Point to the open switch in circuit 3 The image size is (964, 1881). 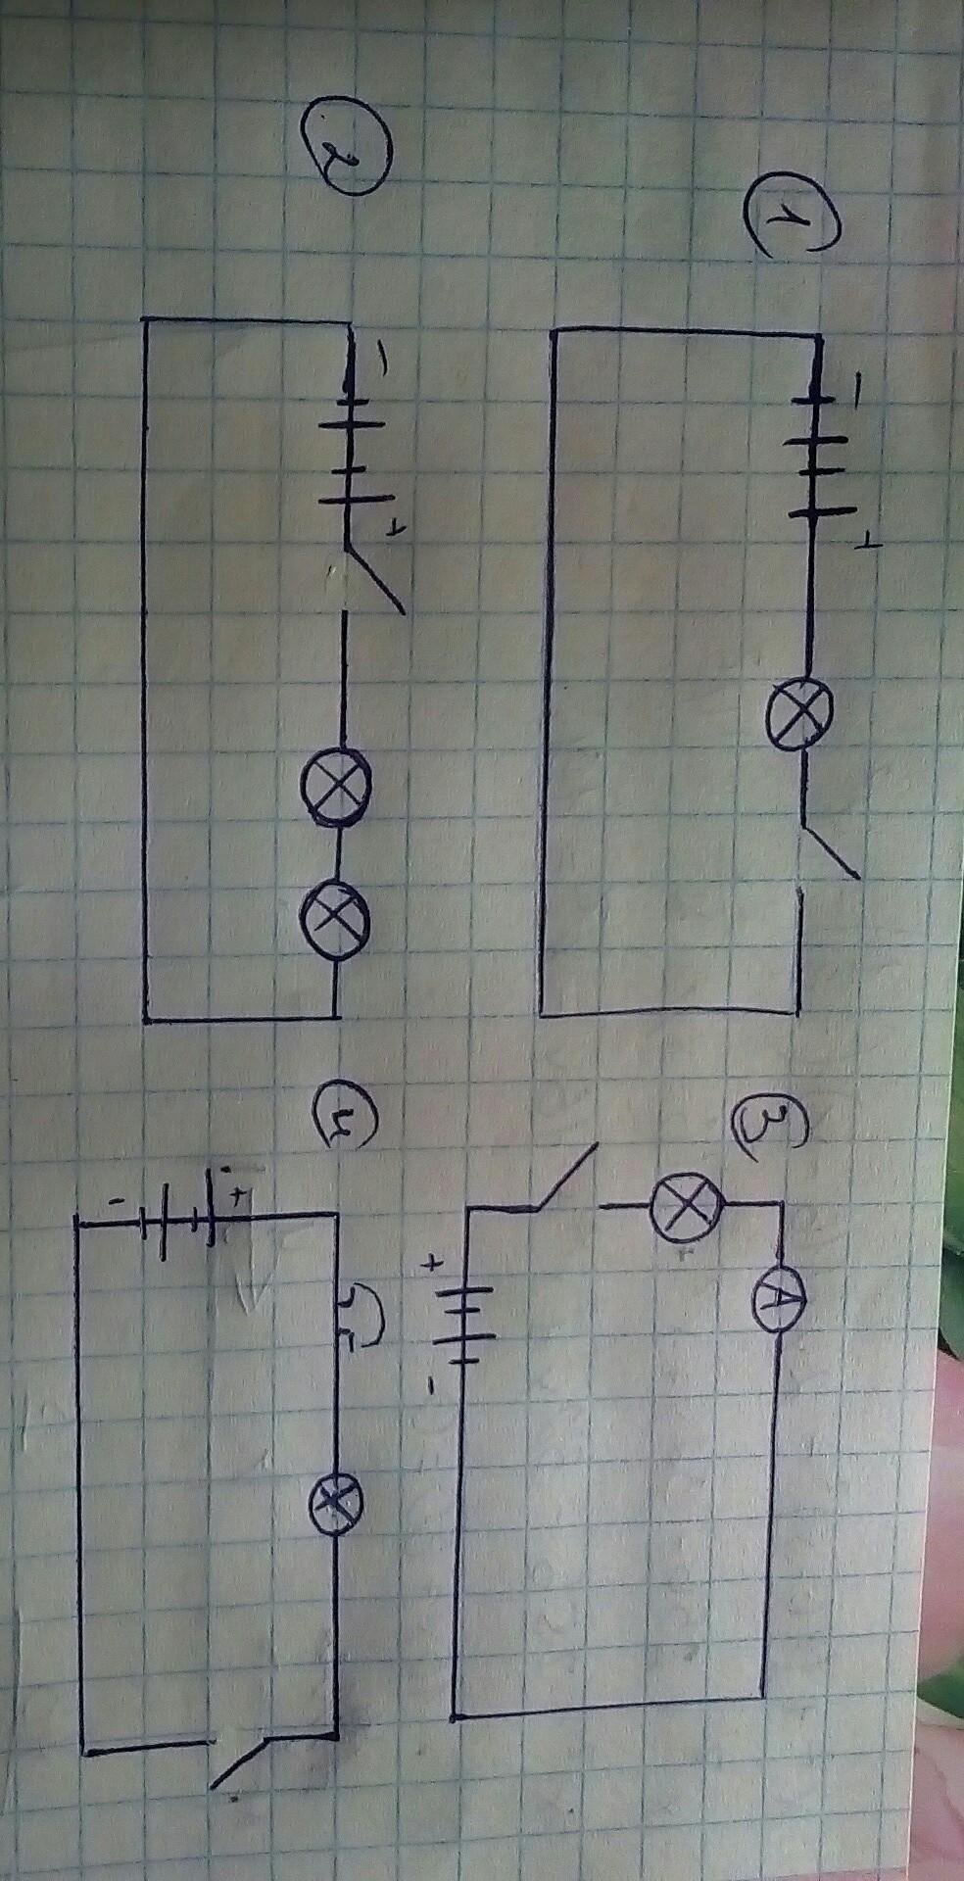564,1176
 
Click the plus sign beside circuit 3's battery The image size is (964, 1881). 430,1265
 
